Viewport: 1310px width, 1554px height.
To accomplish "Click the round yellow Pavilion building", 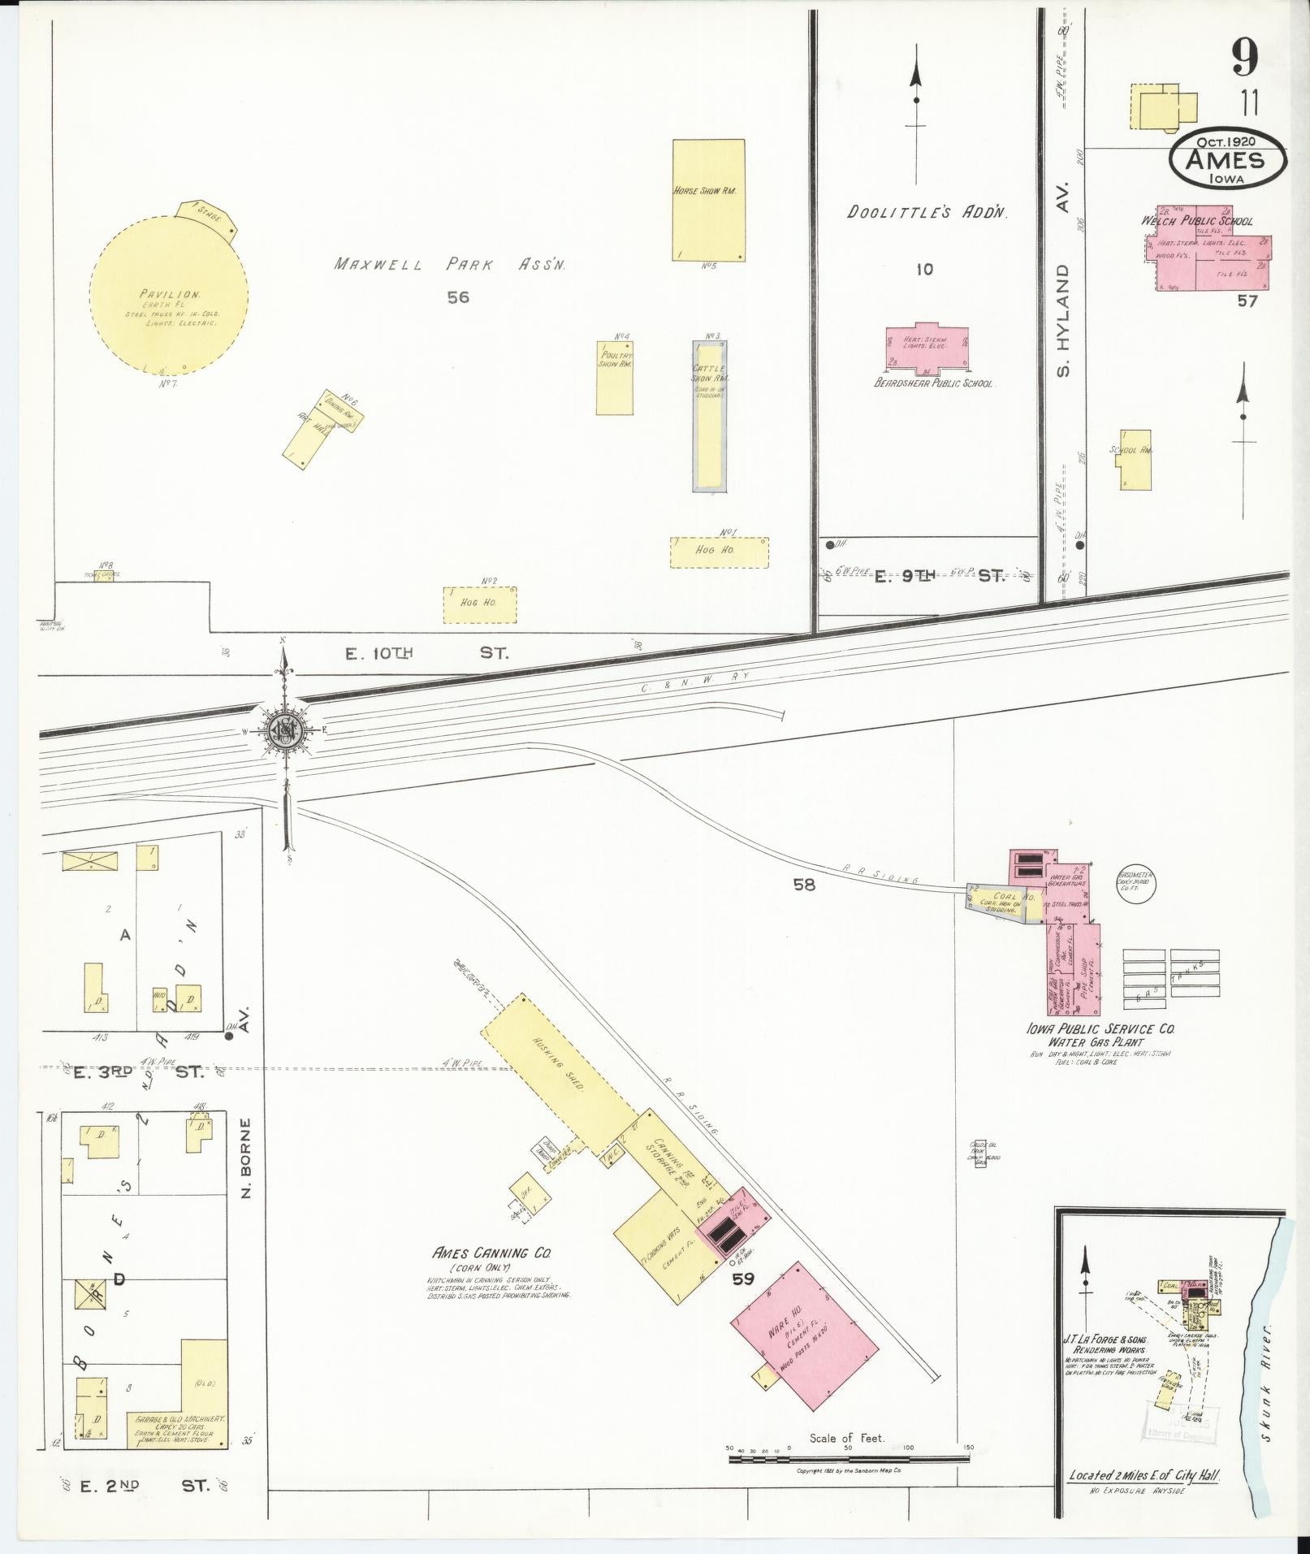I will pyautogui.click(x=169, y=297).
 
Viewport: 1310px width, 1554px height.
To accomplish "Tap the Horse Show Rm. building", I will pyautogui.click(x=708, y=199).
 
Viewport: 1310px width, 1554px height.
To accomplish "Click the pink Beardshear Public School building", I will pyautogui.click(x=927, y=348).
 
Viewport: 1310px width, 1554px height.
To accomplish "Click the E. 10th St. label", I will pyautogui.click(x=426, y=652).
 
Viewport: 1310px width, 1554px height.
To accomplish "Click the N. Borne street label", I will pyautogui.click(x=248, y=1159).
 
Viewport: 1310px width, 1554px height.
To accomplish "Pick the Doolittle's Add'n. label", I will pyautogui.click(x=927, y=213).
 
